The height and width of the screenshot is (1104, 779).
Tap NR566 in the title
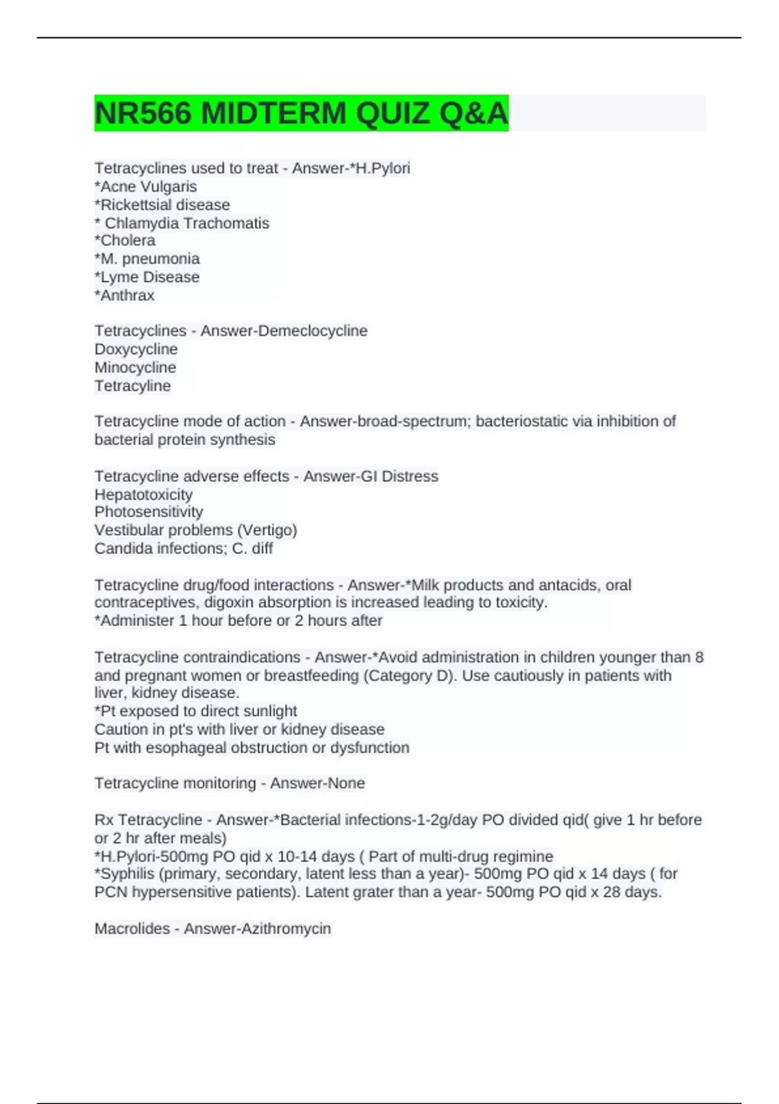143,114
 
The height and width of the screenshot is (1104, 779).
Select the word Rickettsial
133,205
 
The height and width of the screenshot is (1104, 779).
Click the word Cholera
128,240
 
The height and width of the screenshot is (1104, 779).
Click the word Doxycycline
136,349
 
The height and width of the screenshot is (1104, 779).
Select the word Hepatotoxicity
143,494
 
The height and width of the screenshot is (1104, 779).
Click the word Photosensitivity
149,512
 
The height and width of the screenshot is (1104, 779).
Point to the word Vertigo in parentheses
267,530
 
